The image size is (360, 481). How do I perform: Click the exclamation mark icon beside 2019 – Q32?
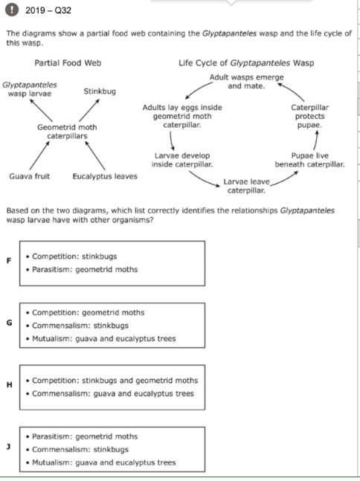tap(12, 10)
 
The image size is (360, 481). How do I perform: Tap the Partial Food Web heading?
tap(68, 63)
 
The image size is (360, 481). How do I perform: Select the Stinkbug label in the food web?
tap(100, 91)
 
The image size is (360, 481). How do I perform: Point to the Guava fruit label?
tap(30, 176)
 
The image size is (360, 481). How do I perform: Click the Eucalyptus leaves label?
tap(105, 176)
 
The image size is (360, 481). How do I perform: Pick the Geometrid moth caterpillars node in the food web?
tap(67, 132)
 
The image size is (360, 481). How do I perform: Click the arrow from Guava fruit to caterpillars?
tap(39, 155)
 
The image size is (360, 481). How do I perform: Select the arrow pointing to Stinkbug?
tap(89, 111)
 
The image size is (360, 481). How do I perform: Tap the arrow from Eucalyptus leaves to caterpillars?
tap(95, 155)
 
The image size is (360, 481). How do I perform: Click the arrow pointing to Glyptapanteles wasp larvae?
tap(41, 111)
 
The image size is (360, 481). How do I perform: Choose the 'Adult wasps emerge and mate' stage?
tap(246, 82)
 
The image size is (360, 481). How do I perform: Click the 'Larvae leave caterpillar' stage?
tap(246, 186)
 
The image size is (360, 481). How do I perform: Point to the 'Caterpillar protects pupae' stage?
tap(309, 116)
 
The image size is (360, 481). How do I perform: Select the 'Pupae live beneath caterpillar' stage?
tap(309, 160)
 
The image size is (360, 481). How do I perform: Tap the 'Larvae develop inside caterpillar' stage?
tap(182, 160)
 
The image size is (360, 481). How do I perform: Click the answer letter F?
tap(9, 261)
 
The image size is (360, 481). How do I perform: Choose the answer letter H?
tap(10, 384)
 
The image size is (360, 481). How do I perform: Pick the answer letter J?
tap(9, 447)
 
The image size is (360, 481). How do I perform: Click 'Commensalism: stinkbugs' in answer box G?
tap(80, 326)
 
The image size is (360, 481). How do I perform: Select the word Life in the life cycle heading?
tap(186, 63)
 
